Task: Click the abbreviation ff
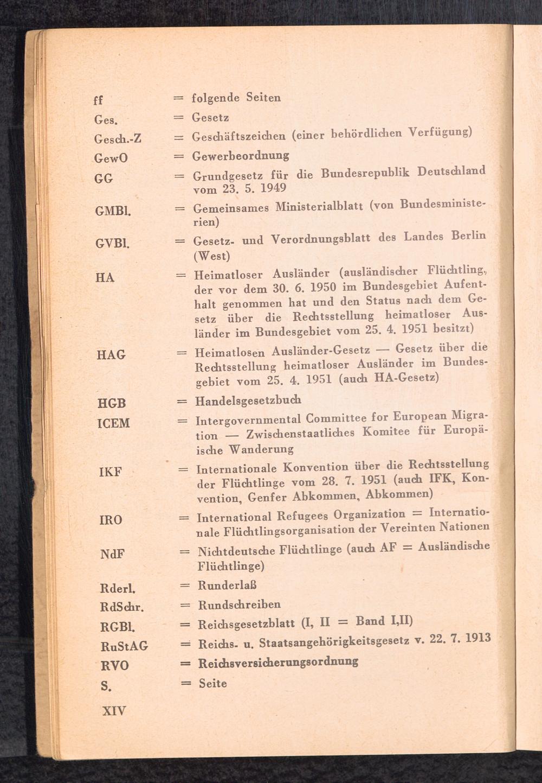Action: [x=98, y=101]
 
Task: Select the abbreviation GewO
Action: [x=110, y=158]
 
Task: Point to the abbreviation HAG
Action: [x=111, y=355]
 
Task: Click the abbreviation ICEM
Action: [x=113, y=423]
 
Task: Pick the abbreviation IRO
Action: [x=111, y=520]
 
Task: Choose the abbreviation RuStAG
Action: [x=124, y=646]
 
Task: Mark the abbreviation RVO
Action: [x=114, y=666]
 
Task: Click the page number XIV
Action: [x=114, y=710]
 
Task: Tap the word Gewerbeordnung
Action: [x=241, y=156]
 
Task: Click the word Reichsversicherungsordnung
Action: [x=278, y=662]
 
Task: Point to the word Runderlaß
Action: [x=227, y=585]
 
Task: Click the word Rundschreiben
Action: [x=239, y=604]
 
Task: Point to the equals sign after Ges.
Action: [x=179, y=118]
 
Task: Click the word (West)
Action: [x=212, y=254]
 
